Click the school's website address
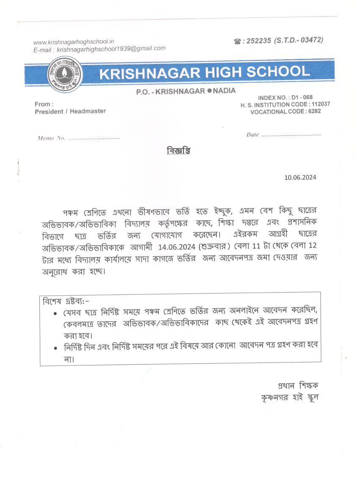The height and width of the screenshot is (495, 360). pos(74,42)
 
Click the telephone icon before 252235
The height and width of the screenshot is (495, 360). pos(237,41)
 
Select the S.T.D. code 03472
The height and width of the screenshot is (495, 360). pos(310,40)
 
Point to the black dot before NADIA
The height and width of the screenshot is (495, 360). pos(209,91)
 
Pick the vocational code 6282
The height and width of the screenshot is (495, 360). pos(315,111)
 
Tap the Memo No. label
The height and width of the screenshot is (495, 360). pos(51,138)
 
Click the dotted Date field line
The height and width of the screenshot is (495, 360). pos(291,135)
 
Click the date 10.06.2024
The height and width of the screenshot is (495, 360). pos(300,177)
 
